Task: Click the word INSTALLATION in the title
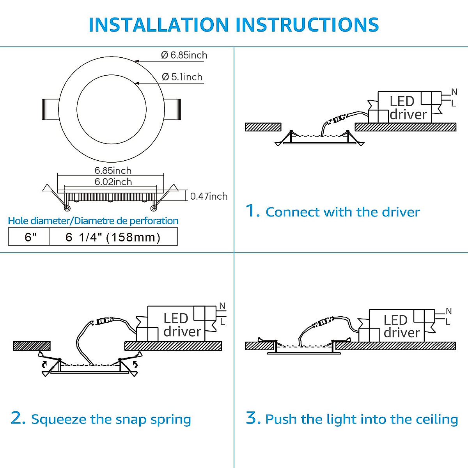[x=158, y=25]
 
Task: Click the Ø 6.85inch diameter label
[x=184, y=55]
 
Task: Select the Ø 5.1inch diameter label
[x=182, y=77]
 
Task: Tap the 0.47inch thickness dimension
[x=209, y=196]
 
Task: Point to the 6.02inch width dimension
[x=113, y=182]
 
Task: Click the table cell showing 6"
[x=30, y=237]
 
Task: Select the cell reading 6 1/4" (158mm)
[x=113, y=237]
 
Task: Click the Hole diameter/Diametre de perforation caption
[x=93, y=221]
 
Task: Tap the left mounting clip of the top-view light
[x=50, y=110]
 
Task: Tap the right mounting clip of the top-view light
[x=172, y=109]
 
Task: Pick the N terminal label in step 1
[x=454, y=92]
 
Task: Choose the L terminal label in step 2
[x=223, y=322]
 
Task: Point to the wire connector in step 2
[x=103, y=321]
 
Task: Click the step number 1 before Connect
[x=252, y=211]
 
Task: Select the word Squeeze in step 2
[x=59, y=420]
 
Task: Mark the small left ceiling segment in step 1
[x=263, y=127]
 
